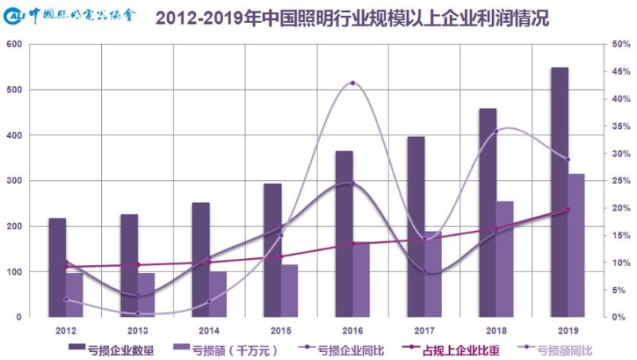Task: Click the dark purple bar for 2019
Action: (x=560, y=191)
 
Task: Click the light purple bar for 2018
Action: (x=505, y=258)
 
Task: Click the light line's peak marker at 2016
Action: (x=352, y=83)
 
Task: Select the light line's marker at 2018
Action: (x=495, y=131)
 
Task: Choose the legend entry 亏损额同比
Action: (x=565, y=348)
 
